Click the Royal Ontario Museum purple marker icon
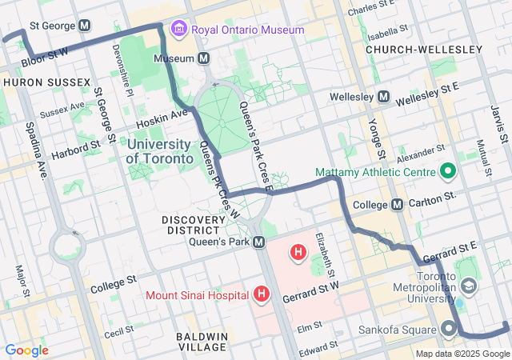(x=178, y=30)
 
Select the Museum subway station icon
(x=204, y=58)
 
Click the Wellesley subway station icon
(x=383, y=97)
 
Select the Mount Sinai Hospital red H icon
(x=261, y=295)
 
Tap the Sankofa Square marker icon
(x=449, y=328)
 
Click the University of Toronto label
(x=160, y=151)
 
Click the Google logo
(x=26, y=350)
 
